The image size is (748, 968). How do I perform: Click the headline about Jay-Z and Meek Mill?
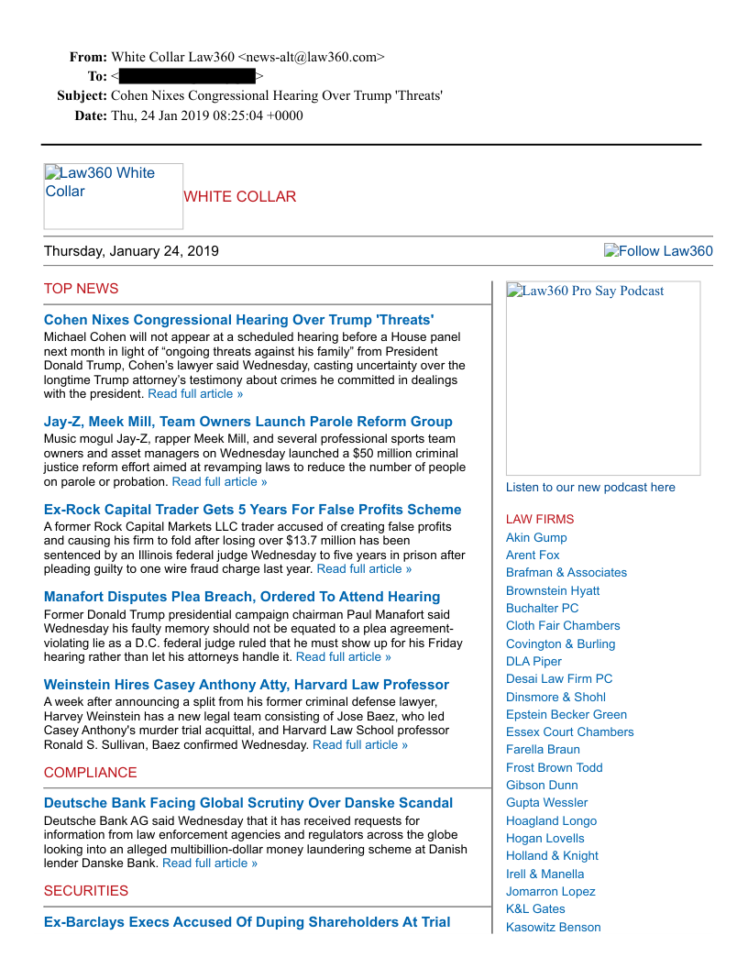[247, 422]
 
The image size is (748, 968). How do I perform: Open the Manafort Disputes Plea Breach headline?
[242, 597]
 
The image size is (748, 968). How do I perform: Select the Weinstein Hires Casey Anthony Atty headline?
[247, 685]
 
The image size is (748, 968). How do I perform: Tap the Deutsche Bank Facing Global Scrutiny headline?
[248, 803]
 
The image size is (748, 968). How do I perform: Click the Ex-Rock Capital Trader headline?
[252, 510]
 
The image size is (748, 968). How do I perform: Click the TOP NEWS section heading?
[81, 289]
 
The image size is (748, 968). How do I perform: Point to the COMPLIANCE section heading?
[90, 773]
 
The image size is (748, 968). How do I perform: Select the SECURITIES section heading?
[86, 891]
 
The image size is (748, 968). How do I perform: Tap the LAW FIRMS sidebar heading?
[540, 519]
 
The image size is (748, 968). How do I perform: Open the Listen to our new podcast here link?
[590, 488]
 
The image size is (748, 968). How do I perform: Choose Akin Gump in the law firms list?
[536, 537]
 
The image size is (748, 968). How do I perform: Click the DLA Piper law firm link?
[533, 661]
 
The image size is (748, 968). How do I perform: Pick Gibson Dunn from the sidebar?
[542, 785]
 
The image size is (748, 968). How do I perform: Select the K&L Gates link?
[535, 908]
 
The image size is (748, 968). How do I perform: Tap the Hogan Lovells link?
[544, 838]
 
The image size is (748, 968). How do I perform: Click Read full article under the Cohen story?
[195, 394]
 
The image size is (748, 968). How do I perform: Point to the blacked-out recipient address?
[187, 76]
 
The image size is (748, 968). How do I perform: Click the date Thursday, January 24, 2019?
[131, 251]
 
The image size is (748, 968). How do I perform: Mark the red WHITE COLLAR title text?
[239, 197]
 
